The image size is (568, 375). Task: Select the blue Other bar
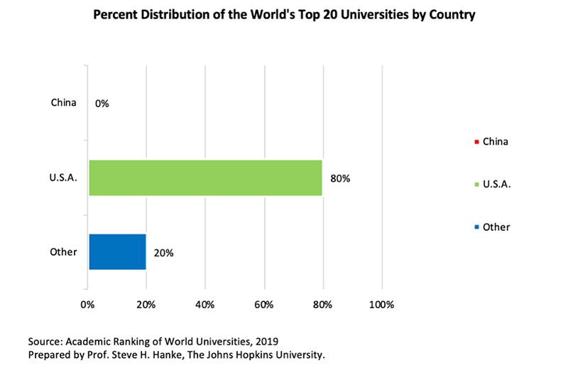click(x=117, y=251)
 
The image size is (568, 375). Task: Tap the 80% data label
click(x=340, y=178)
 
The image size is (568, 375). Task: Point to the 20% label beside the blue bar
click(x=163, y=252)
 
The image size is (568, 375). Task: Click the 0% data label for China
click(x=102, y=104)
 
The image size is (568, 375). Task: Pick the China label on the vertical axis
click(x=63, y=103)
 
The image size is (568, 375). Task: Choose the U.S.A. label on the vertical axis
click(x=62, y=177)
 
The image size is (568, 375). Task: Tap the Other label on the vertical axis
click(x=64, y=251)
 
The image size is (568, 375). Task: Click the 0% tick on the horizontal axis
click(x=87, y=305)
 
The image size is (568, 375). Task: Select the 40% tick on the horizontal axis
click(x=205, y=305)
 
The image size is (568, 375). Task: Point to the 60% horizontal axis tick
click(x=264, y=305)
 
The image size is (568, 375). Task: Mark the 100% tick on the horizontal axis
click(x=381, y=305)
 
